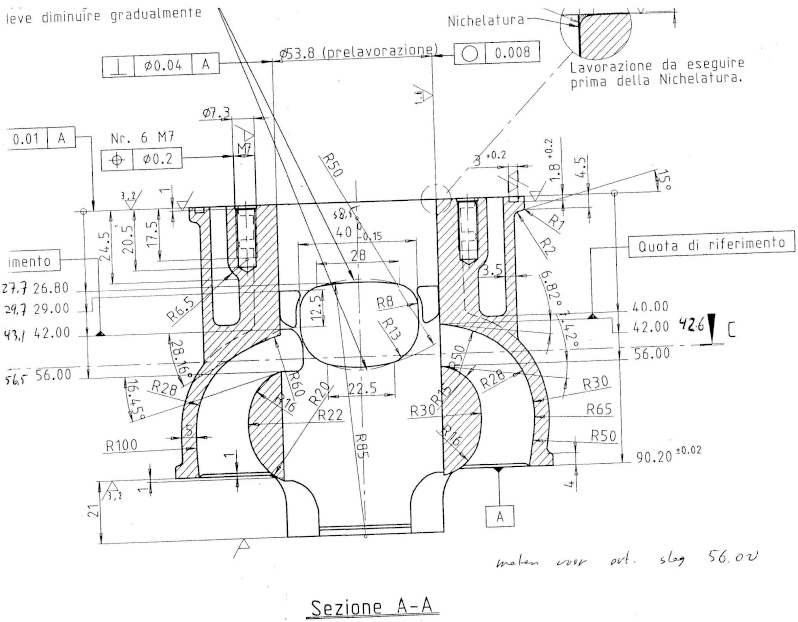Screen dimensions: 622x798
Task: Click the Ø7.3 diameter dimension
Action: point(216,114)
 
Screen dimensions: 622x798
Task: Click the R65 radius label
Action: point(599,409)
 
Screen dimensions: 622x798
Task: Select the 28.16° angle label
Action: point(177,354)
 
